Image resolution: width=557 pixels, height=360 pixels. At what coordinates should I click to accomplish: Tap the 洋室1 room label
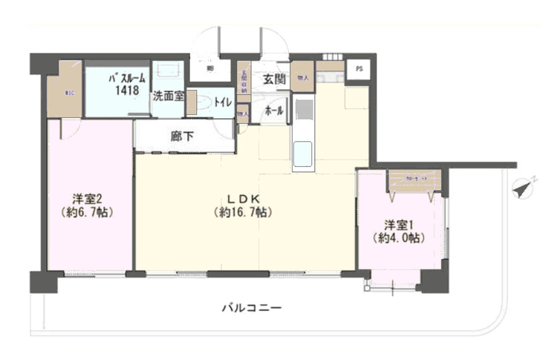coord(398,225)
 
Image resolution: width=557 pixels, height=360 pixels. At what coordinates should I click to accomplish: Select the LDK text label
coord(242,199)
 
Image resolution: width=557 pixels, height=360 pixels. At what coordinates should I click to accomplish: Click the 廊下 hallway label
coord(182,137)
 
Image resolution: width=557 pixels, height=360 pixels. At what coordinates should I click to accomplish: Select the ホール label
coord(275,109)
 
